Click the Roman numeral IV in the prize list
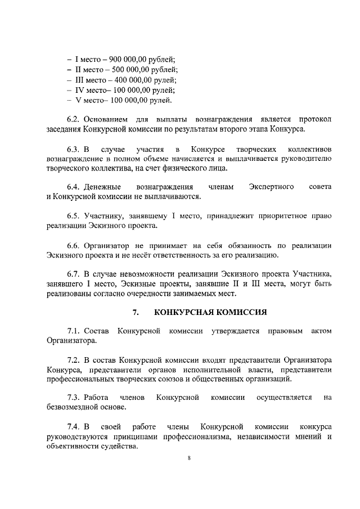(x=80, y=90)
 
